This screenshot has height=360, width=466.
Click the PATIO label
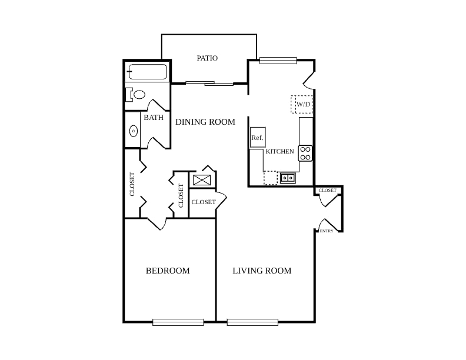click(207, 58)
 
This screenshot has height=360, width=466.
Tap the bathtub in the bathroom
click(148, 72)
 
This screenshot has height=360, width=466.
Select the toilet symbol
click(135, 95)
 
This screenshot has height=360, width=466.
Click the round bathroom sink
click(134, 131)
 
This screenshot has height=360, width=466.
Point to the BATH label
click(154, 118)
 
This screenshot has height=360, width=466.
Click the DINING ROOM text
click(205, 122)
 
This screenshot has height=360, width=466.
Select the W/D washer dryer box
click(302, 104)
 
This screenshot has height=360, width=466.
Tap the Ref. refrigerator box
click(258, 137)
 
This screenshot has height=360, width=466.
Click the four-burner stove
click(305, 154)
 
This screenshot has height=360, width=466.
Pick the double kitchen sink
click(288, 178)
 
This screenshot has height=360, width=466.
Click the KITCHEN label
click(279, 152)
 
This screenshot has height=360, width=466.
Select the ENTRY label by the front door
click(327, 231)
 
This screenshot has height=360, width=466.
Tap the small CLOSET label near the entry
click(328, 190)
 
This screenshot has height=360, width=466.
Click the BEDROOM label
click(168, 271)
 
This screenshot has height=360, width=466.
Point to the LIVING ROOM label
click(262, 271)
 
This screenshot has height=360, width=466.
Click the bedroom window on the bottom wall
click(178, 322)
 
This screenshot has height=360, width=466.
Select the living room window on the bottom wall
click(252, 322)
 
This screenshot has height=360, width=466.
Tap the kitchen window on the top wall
click(278, 61)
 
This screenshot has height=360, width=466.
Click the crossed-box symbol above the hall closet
click(202, 180)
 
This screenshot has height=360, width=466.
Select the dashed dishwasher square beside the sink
click(271, 178)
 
